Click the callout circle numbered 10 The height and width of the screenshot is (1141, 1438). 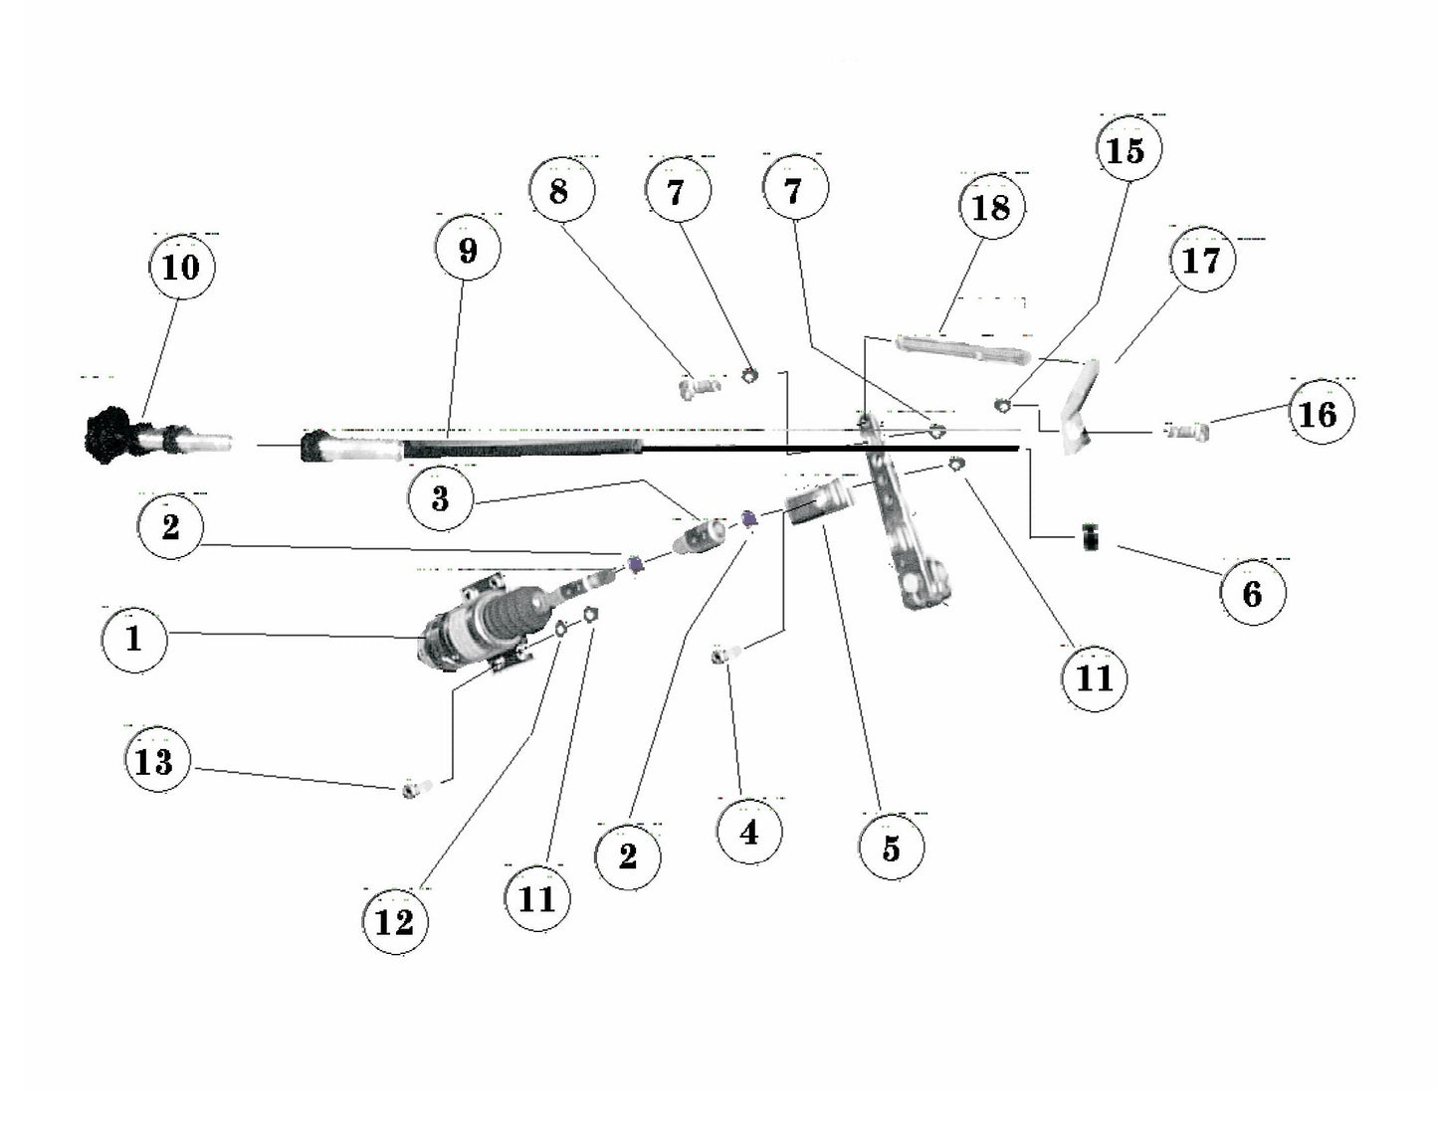181,267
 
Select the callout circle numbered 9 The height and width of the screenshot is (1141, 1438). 468,250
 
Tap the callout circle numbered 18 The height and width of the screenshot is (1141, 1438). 990,207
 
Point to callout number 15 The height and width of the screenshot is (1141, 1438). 1129,151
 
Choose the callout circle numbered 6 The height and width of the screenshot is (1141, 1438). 1253,593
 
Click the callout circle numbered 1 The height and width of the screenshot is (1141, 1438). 134,639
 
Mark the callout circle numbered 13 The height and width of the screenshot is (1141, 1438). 155,761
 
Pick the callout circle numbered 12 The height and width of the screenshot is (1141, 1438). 395,921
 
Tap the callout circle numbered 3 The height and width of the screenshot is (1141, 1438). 441,498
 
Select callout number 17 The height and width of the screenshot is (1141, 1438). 1201,260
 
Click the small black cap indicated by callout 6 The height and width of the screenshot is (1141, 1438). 1092,538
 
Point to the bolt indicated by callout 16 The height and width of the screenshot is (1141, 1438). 1186,431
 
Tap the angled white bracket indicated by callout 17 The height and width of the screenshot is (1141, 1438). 1078,408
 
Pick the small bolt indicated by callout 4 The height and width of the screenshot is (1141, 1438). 725,655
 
